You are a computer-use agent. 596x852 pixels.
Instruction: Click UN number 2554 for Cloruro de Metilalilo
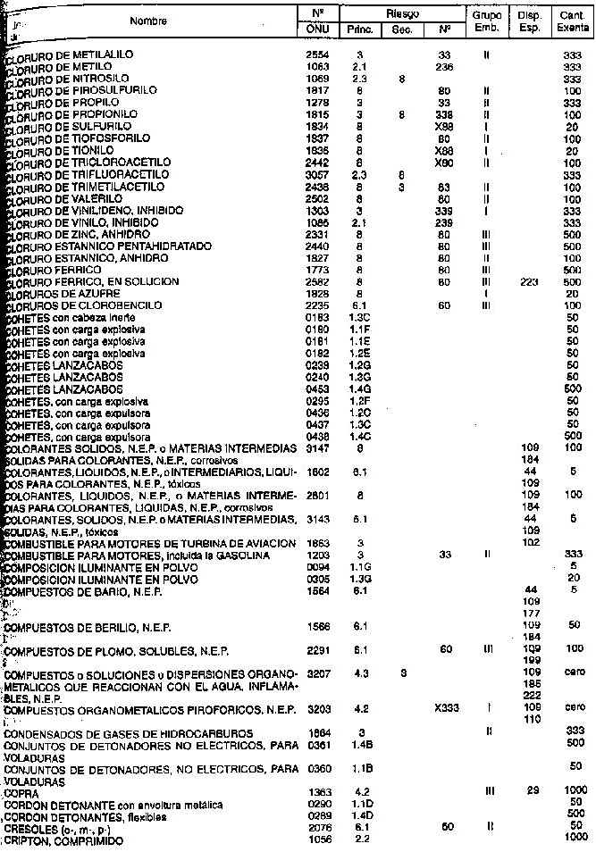click(x=317, y=55)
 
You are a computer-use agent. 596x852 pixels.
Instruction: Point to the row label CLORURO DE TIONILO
click(x=58, y=150)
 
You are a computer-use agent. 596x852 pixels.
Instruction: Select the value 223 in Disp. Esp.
click(x=530, y=281)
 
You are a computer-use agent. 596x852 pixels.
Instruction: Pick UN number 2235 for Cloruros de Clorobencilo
click(x=317, y=305)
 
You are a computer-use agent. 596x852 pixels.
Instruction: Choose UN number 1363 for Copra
click(x=317, y=792)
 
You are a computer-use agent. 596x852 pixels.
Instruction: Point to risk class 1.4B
click(x=358, y=743)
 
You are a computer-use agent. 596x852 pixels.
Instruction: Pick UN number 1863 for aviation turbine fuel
click(x=317, y=543)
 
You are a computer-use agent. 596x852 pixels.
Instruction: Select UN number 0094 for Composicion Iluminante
click(x=317, y=565)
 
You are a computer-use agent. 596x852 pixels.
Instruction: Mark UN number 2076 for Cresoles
click(x=317, y=827)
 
